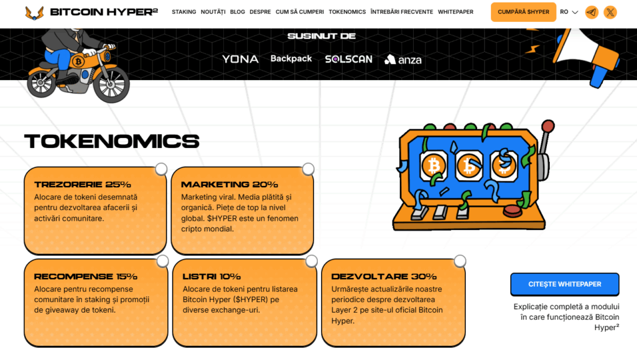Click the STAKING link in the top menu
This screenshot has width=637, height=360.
184,12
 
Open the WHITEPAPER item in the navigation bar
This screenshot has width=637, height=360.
455,12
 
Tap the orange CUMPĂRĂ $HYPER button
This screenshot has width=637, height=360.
523,12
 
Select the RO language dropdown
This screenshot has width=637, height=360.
569,12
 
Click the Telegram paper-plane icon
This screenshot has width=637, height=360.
592,12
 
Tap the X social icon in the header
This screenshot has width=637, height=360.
610,12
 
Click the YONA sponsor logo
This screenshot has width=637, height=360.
240,59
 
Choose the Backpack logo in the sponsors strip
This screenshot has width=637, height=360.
291,59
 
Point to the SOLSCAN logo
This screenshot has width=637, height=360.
348,59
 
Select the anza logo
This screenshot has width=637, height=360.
403,60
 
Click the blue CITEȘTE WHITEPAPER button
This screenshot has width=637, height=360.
565,284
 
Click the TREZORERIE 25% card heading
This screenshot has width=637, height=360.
83,185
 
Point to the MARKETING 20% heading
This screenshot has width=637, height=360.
230,185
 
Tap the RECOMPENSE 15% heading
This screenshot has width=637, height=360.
86,277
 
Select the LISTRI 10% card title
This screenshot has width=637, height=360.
212,277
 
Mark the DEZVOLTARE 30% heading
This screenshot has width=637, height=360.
384,277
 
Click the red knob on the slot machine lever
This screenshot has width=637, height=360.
548,126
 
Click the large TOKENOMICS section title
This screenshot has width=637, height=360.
112,141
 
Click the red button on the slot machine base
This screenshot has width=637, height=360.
513,211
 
